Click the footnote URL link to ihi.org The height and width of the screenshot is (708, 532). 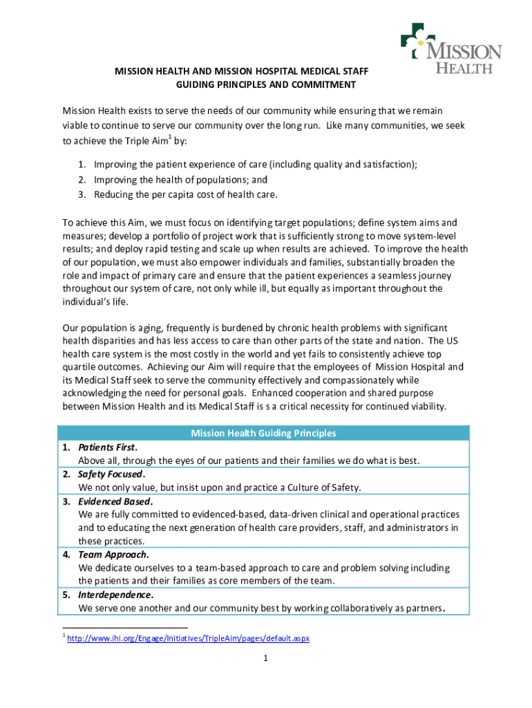[188, 638]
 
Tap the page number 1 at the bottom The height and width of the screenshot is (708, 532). [265, 659]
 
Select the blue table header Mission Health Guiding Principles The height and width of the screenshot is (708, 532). [263, 434]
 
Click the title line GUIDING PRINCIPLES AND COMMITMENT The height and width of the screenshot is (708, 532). [266, 85]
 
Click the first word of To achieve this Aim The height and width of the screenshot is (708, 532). [68, 223]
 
